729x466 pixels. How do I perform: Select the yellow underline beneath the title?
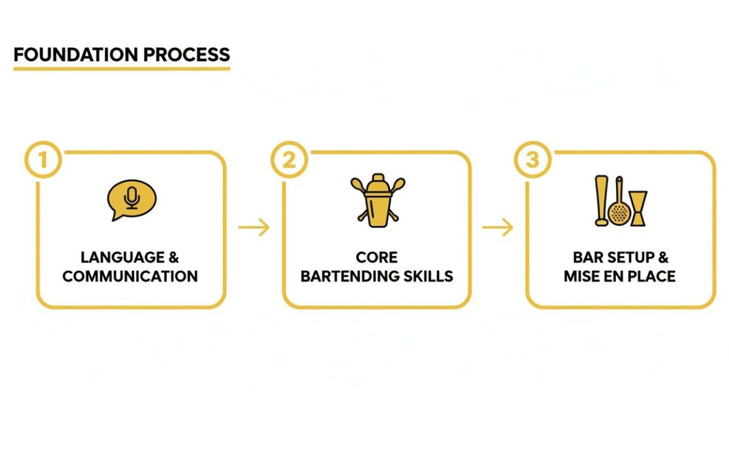pyautogui.click(x=122, y=69)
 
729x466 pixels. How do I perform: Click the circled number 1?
pyautogui.click(x=43, y=160)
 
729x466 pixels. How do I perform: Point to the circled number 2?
pyautogui.click(x=289, y=160)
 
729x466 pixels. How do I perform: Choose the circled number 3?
pyautogui.click(x=532, y=160)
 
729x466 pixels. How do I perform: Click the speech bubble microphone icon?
pyautogui.click(x=131, y=199)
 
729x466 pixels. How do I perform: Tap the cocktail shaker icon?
pyautogui.click(x=377, y=200)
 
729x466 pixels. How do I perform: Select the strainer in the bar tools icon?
pyautogui.click(x=619, y=207)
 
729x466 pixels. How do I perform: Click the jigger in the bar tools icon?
pyautogui.click(x=638, y=208)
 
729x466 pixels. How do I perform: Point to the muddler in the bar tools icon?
pyautogui.click(x=601, y=201)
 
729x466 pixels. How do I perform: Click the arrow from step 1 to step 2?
pyautogui.click(x=254, y=228)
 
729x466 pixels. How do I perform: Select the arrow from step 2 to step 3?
pyautogui.click(x=498, y=228)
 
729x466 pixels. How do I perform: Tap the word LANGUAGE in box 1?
pyautogui.click(x=114, y=258)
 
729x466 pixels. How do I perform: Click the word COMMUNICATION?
pyautogui.click(x=130, y=276)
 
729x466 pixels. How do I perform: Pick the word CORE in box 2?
pyautogui.click(x=377, y=258)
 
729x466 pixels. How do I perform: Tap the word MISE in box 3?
pyautogui.click(x=582, y=276)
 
